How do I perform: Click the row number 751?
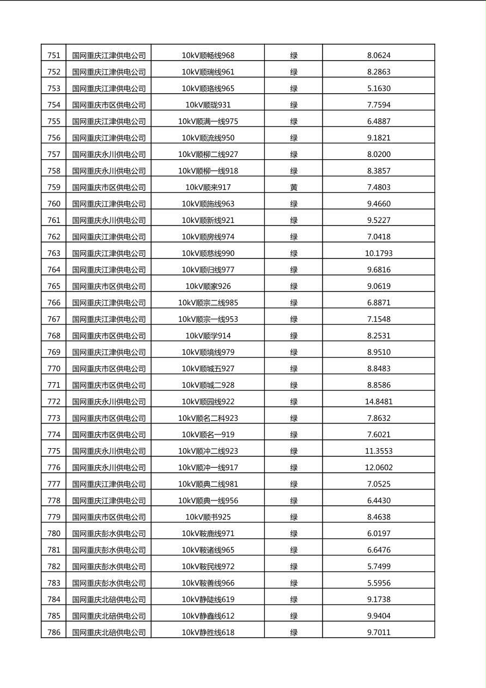click(x=54, y=56)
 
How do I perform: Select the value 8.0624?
click(x=379, y=56)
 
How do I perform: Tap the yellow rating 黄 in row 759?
click(x=294, y=188)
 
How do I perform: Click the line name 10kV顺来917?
click(x=208, y=188)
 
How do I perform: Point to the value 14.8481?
click(x=379, y=402)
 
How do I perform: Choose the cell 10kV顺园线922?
click(x=208, y=402)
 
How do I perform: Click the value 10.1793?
click(x=379, y=254)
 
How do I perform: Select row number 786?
click(x=54, y=633)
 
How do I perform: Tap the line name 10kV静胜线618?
click(x=208, y=633)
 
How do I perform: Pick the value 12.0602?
click(x=379, y=468)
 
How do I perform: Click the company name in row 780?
click(x=109, y=534)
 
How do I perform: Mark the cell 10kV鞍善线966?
click(x=208, y=583)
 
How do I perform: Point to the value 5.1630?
click(x=379, y=88)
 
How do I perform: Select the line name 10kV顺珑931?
click(x=208, y=105)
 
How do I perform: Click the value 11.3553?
click(x=379, y=451)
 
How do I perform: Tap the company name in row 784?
click(x=109, y=600)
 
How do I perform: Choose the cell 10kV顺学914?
click(x=208, y=336)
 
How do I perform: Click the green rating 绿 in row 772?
click(x=294, y=402)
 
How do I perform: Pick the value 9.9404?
click(x=379, y=616)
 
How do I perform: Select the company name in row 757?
click(x=109, y=154)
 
